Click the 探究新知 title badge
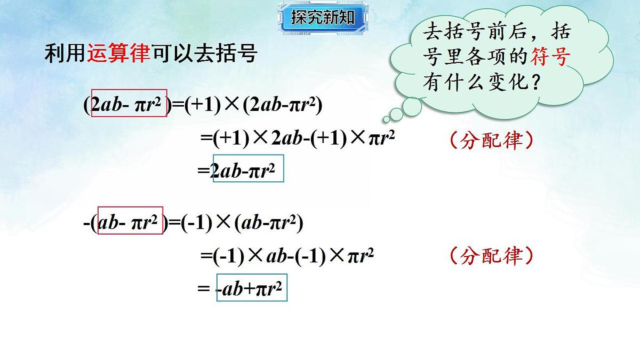point(322,18)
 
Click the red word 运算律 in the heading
point(118,54)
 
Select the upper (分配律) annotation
point(491,140)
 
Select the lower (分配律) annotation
point(491,256)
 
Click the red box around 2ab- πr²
point(130,103)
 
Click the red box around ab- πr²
point(131,221)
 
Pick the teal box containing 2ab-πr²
point(248,168)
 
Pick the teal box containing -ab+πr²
point(252,289)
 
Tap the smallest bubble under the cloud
point(386,120)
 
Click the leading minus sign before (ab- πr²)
point(86,223)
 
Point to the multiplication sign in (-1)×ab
point(255,257)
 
